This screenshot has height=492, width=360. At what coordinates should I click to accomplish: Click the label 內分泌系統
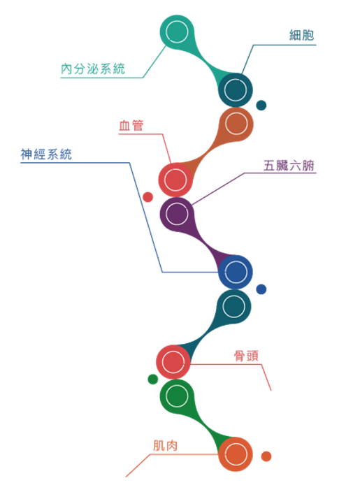93,68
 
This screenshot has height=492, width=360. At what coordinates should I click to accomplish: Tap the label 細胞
301,35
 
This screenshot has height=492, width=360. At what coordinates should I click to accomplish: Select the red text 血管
131,126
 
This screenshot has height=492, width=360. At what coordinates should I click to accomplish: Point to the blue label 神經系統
46,154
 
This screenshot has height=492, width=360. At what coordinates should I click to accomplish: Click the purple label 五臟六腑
289,166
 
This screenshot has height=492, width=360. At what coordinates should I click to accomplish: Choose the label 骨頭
246,356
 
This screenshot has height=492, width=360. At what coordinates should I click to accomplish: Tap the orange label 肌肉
166,446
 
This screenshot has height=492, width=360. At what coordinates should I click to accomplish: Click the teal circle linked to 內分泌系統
177,31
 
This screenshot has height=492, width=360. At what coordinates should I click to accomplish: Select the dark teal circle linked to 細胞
236,90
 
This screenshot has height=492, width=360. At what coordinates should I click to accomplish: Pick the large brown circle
236,124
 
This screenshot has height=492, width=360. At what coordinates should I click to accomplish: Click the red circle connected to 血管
175,180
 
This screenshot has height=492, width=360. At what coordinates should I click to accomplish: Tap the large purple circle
177,214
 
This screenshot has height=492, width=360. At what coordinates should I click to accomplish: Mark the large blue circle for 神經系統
236,272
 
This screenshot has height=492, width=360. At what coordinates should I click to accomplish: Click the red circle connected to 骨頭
173,362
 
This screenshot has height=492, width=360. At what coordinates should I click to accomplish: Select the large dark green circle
177,396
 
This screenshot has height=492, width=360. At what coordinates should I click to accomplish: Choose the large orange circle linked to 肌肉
236,454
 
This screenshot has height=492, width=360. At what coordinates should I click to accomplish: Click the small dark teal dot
261,105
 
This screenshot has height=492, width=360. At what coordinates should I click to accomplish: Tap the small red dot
147,197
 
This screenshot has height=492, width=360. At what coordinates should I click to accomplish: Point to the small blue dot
261,289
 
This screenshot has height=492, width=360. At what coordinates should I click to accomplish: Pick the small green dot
153,379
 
